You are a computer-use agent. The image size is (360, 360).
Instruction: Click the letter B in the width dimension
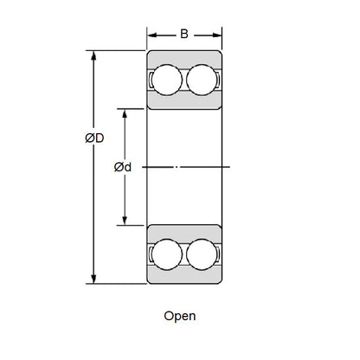[183, 35]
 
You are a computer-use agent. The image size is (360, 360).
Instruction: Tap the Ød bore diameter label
[123, 166]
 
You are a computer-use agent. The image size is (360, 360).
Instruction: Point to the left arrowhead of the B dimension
[150, 35]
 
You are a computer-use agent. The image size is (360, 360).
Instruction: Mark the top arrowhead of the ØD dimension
[93, 55]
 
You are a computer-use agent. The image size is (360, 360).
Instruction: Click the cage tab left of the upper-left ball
[151, 80]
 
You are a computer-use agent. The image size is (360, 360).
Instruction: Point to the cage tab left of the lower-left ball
[151, 253]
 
